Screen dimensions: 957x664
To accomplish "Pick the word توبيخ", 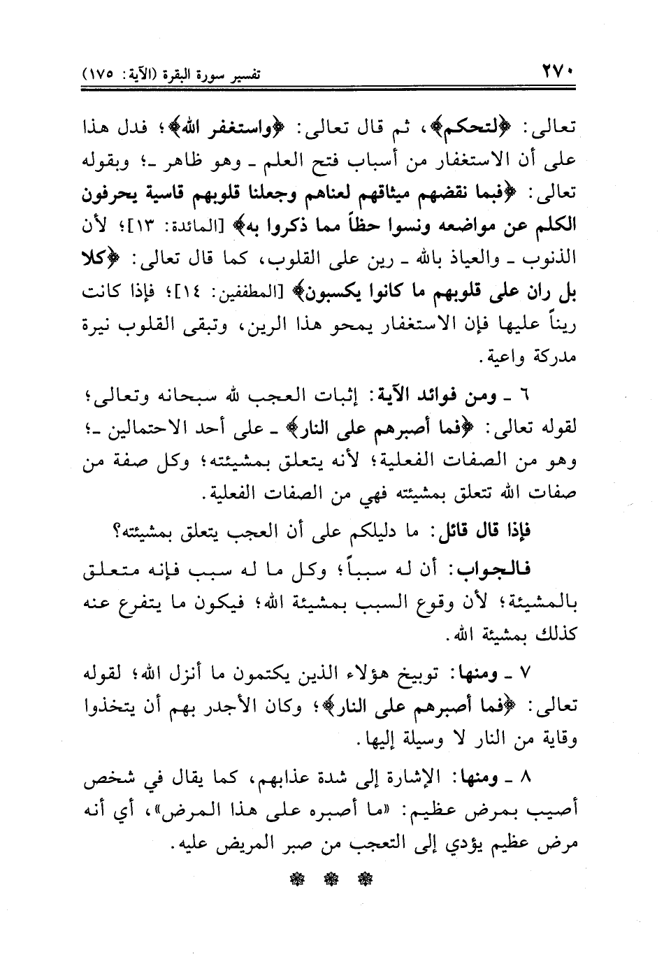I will click(431, 672).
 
